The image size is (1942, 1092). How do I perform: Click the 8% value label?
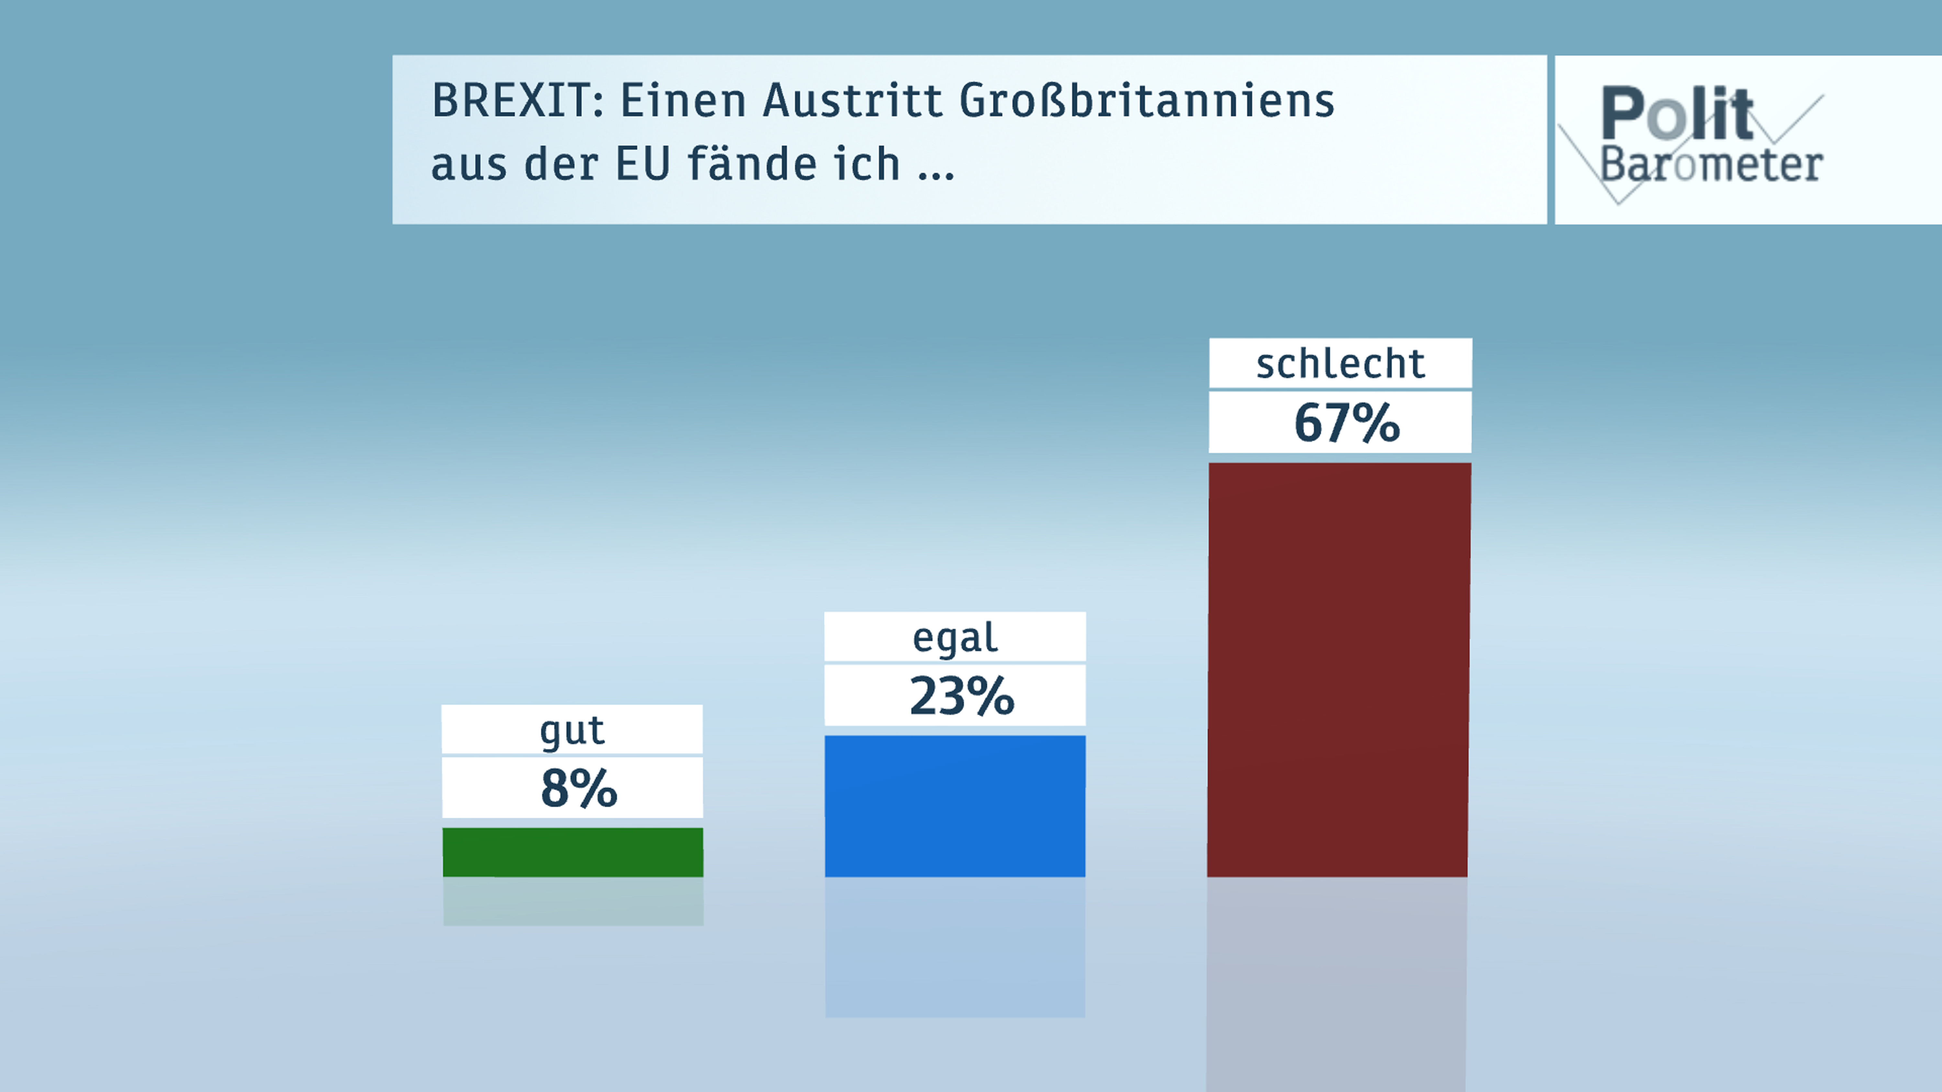click(x=578, y=788)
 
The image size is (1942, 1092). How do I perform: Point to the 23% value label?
click(x=961, y=695)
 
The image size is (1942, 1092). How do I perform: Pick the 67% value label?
click(x=1346, y=423)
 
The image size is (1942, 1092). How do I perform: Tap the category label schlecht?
click(x=1340, y=364)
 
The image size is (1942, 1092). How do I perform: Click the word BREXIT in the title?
click(x=517, y=100)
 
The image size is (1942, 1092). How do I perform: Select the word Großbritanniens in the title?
click(x=1146, y=100)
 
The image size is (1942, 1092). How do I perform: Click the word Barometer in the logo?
click(x=1711, y=164)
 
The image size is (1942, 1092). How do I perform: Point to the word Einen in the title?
click(x=683, y=100)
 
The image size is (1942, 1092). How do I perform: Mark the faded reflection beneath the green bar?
click(x=573, y=901)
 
